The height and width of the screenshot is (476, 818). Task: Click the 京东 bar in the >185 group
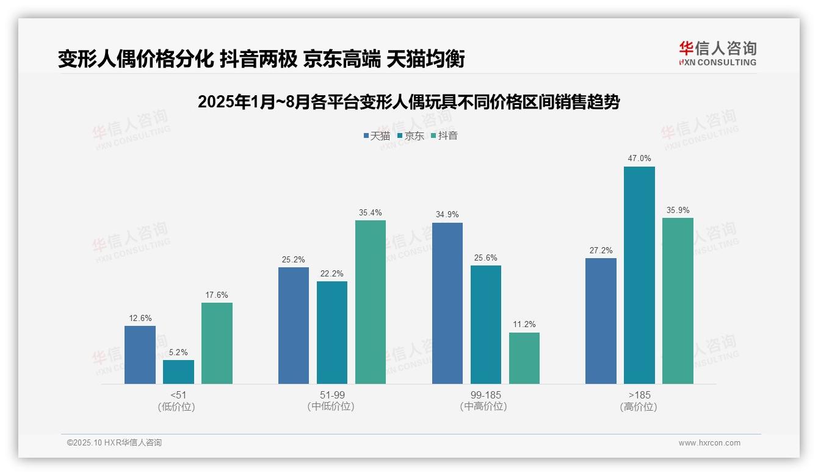639,275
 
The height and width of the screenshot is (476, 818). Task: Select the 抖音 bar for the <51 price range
217,343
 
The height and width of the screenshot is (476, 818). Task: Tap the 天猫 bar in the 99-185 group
447,303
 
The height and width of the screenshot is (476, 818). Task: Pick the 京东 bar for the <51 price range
178,372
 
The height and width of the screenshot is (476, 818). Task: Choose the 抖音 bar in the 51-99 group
371,302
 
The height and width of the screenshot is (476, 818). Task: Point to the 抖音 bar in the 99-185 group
524,358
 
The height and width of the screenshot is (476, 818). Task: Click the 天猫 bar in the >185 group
601,321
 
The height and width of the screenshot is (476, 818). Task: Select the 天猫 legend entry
376,135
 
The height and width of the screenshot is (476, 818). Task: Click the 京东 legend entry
410,135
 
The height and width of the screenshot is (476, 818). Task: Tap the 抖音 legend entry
444,135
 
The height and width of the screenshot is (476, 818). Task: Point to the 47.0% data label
639,159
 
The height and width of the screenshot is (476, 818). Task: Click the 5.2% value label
178,352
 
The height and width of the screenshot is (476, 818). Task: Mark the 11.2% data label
524,325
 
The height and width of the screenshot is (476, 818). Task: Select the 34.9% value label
447,215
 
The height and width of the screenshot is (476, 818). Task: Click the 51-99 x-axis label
332,395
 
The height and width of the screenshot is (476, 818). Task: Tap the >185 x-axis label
639,395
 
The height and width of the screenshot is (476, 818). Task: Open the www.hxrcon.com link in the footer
709,443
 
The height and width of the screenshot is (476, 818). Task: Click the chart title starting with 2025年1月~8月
408,102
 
